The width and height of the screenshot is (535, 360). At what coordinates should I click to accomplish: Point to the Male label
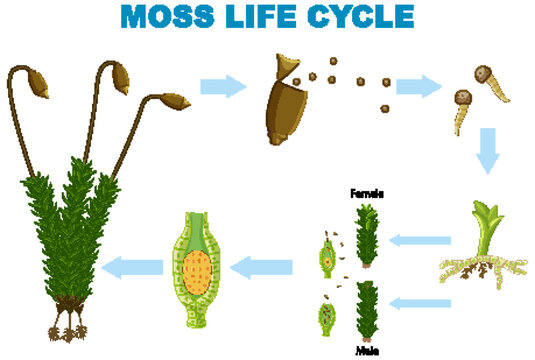pyautogui.click(x=367, y=349)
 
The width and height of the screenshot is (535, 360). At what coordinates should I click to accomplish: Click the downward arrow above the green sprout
pyautogui.click(x=487, y=150)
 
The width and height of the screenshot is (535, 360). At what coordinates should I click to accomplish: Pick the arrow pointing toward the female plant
pyautogui.click(x=420, y=240)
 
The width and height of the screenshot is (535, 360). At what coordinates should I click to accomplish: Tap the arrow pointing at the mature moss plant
pyautogui.click(x=134, y=266)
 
